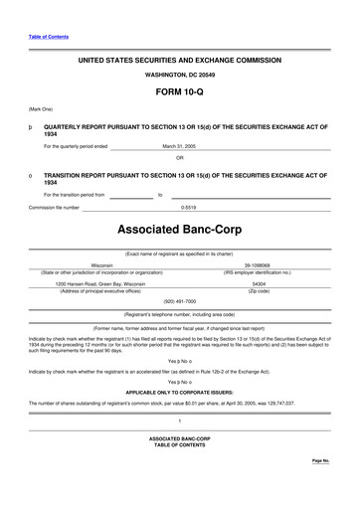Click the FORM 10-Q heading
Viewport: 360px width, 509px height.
point(179,90)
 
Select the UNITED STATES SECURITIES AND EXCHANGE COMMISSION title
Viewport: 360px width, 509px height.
point(179,61)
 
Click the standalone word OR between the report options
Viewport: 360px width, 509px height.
point(180,158)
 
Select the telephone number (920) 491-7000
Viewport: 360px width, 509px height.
point(180,300)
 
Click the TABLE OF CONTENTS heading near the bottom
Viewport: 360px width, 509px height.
point(179,443)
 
